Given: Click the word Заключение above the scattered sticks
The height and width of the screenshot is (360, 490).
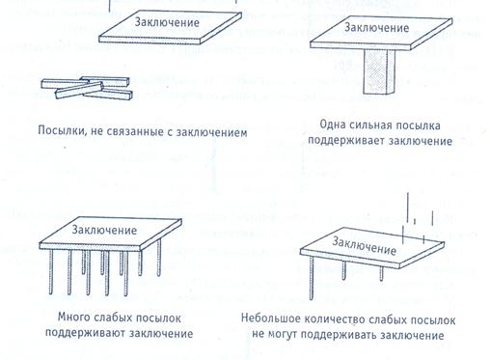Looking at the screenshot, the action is click(167, 22).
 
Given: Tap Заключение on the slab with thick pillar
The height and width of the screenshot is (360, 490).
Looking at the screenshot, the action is click(376, 27).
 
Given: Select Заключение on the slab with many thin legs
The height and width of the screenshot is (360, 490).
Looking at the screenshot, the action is click(104, 230).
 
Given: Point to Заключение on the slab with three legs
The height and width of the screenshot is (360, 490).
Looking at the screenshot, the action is click(364, 245).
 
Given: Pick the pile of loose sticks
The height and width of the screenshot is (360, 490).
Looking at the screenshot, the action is click(87, 88).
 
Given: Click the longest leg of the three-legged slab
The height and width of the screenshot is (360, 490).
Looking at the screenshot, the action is click(312, 278).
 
